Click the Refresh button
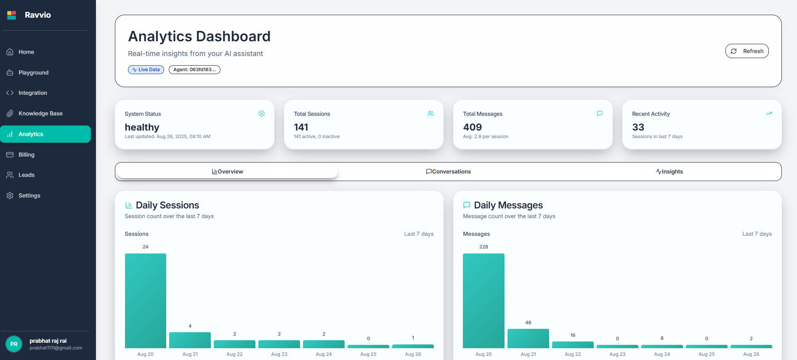[x=747, y=51]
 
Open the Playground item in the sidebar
[x=33, y=72]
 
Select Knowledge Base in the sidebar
[x=40, y=113]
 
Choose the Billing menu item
[x=26, y=155]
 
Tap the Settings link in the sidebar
[x=29, y=195]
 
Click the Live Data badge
[x=146, y=69]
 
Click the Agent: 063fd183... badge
[x=194, y=69]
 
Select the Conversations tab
[x=448, y=171]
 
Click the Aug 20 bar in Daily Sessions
[x=146, y=301]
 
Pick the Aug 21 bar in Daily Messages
[x=528, y=339]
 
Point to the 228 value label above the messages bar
[x=484, y=247]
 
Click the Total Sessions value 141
[x=301, y=127]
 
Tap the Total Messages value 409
[x=472, y=127]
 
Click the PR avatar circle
[x=14, y=344]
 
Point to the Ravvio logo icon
[x=12, y=15]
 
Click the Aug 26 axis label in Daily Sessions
[x=413, y=354]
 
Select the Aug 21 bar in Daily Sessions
[x=190, y=340]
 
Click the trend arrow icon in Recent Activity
[x=769, y=114]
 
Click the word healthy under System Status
[x=142, y=127]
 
